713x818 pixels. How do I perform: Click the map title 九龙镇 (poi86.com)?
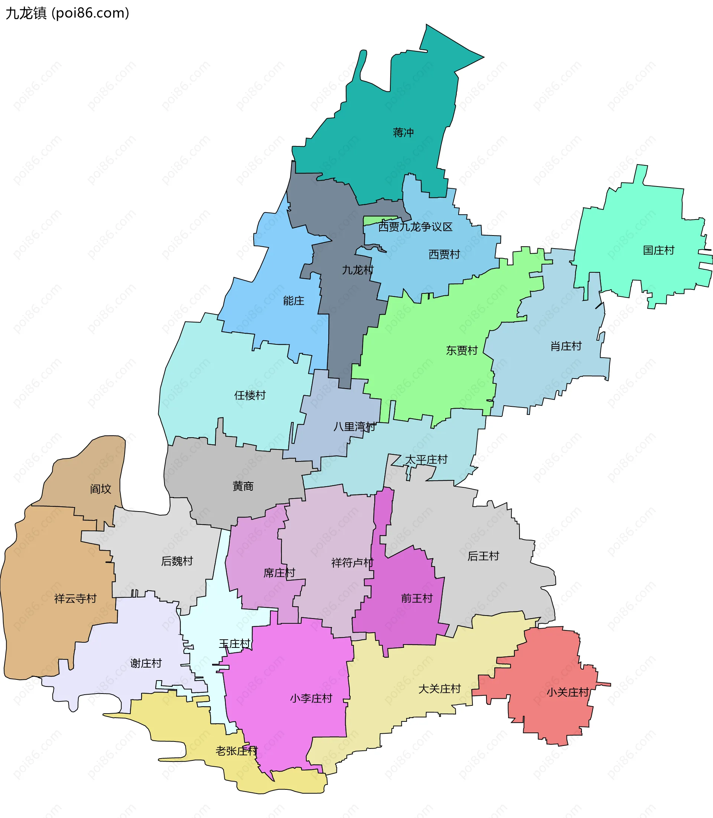(x=67, y=13)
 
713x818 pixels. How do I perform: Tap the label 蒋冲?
(x=403, y=133)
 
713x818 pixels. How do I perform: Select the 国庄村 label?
(x=658, y=250)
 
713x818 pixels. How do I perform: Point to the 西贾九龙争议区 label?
(x=415, y=227)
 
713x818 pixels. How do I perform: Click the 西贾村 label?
(x=444, y=254)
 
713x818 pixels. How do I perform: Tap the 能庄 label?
(x=293, y=301)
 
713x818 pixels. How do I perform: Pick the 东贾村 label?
(x=462, y=351)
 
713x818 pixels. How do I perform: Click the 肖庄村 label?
(x=566, y=346)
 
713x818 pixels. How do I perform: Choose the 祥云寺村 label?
(x=75, y=599)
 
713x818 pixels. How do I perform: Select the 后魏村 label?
(x=177, y=561)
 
